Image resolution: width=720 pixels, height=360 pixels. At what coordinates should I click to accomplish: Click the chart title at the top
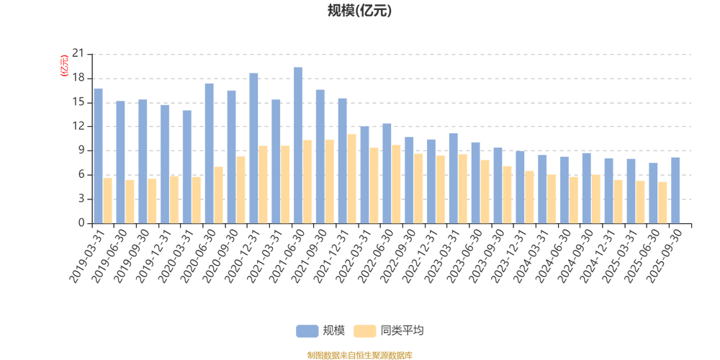[359, 11]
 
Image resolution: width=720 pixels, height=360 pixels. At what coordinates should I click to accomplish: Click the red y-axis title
[63, 65]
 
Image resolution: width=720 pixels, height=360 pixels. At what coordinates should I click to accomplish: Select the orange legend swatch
[365, 330]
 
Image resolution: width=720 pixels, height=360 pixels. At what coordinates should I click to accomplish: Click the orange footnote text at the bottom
[359, 354]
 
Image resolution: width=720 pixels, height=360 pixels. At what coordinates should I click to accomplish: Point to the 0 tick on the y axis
[82, 222]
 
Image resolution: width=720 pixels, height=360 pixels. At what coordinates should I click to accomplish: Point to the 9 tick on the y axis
[82, 150]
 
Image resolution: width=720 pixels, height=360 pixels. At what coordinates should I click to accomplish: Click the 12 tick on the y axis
[82, 126]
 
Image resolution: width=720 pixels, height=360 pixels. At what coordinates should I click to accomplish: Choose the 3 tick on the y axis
[82, 199]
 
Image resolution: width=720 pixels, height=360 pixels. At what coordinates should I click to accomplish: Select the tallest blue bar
[298, 144]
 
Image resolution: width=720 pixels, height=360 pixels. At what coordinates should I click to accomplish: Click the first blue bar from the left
[99, 155]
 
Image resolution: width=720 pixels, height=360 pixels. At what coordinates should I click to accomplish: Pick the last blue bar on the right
[675, 189]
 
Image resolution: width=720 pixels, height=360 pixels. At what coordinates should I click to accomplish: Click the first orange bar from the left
[109, 199]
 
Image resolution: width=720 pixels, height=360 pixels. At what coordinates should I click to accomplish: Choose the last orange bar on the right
[664, 202]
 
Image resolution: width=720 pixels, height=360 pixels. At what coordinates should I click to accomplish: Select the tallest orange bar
[353, 178]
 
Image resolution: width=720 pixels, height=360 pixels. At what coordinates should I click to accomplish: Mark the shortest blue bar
[653, 192]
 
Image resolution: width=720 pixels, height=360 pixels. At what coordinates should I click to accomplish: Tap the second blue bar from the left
[120, 161]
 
